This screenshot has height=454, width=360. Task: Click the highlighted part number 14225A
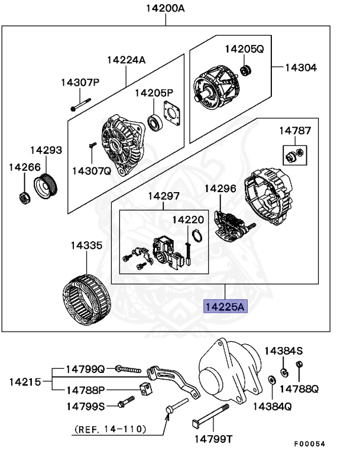225,307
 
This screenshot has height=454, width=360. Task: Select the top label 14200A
166,8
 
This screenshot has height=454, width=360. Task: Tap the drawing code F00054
310,443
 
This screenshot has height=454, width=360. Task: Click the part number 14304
300,67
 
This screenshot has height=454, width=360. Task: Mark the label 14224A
126,60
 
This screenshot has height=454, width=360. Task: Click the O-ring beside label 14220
199,238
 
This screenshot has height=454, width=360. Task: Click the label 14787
294,131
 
